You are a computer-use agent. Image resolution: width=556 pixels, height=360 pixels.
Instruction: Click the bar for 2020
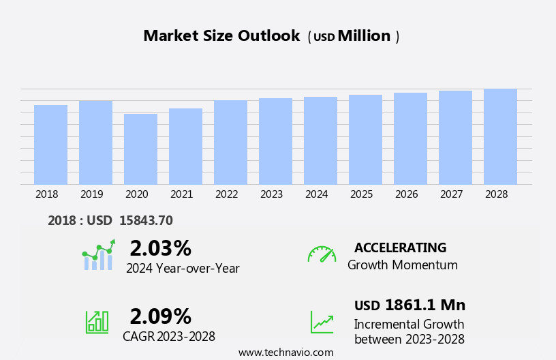click(140, 149)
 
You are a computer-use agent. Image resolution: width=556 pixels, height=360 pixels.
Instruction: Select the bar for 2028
click(500, 136)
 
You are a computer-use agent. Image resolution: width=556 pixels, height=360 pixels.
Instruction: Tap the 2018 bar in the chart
click(50, 145)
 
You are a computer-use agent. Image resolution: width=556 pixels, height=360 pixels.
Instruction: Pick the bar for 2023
click(275, 141)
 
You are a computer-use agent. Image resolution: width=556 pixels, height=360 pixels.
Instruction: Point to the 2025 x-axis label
click(361, 194)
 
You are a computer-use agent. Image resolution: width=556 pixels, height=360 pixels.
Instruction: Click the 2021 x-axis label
click(181, 194)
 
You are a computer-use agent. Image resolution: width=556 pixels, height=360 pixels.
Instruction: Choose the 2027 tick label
click(451, 194)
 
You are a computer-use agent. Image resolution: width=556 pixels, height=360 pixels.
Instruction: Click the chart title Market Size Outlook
click(221, 36)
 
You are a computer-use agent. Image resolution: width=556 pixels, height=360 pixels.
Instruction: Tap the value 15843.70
click(146, 220)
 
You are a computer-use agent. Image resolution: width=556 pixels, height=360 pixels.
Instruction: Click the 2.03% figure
click(160, 248)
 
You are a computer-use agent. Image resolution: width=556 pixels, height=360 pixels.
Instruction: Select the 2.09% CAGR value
click(160, 316)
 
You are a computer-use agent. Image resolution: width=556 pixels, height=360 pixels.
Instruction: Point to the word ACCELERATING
click(400, 247)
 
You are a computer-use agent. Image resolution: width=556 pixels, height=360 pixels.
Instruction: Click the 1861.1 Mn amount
click(425, 305)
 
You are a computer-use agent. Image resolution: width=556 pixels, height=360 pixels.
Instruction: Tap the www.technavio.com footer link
click(285, 352)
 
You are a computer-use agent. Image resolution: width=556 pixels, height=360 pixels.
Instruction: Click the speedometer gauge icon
click(322, 254)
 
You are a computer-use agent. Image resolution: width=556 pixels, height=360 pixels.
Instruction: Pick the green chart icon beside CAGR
click(97, 321)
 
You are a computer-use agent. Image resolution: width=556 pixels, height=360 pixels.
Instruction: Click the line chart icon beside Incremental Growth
click(322, 322)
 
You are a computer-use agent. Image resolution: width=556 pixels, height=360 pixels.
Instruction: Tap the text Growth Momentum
click(402, 265)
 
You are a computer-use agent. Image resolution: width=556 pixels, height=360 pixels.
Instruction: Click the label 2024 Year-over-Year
click(183, 269)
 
